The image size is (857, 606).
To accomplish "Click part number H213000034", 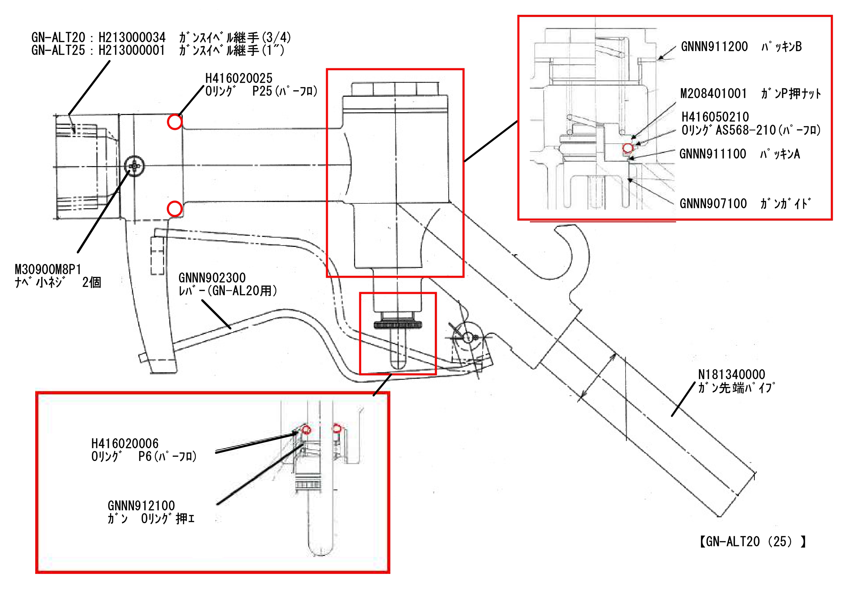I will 132,37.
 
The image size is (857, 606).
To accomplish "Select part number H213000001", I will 131,50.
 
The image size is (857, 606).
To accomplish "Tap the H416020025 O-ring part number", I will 239,78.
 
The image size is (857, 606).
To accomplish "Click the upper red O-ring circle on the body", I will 174,122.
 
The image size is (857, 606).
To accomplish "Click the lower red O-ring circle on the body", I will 174,209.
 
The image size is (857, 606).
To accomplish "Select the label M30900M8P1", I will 48,269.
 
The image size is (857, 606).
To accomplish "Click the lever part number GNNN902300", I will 212,278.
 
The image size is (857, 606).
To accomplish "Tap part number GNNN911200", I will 714,47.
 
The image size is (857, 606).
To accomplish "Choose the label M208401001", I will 713,93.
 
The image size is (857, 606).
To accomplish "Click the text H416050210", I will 715,117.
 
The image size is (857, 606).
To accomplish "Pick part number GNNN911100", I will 713,154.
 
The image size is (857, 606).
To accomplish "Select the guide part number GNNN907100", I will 713,203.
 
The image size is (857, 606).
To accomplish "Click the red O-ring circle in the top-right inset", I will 628,148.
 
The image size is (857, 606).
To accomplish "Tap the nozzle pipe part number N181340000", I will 732,374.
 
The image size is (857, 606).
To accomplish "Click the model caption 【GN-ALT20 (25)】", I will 752,541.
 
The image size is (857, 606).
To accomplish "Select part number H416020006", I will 125,443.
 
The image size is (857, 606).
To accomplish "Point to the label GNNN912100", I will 141,506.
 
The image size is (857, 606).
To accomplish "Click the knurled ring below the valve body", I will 398,325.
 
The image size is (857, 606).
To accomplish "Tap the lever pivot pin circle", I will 468,337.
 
